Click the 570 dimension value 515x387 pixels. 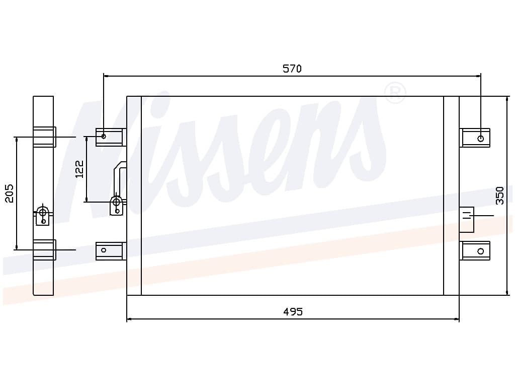[x=292, y=69]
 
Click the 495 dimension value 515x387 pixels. [x=293, y=312]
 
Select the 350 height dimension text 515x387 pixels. [x=500, y=196]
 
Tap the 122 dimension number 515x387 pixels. [x=79, y=169]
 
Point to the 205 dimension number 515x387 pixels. [x=10, y=193]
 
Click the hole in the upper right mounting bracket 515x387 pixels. [x=481, y=139]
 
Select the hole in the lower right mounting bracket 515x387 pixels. [x=481, y=251]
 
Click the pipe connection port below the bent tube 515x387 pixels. [x=117, y=203]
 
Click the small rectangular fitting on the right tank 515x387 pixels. [x=467, y=219]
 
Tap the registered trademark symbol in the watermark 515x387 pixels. [x=395, y=93]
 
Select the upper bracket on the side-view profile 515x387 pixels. [x=44, y=137]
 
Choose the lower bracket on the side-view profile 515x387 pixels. [x=44, y=250]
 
